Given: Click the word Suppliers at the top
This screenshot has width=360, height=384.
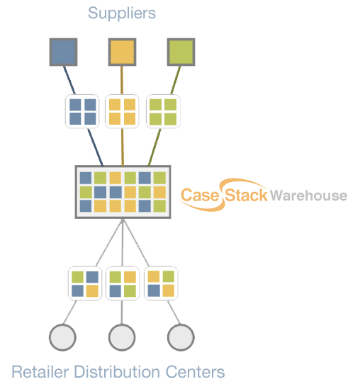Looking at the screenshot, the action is (x=122, y=13).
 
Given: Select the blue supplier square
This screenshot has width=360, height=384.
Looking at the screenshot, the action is (x=64, y=52).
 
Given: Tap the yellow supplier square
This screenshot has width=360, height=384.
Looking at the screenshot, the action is (x=122, y=52).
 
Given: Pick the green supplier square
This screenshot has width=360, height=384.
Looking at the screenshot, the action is (x=181, y=52).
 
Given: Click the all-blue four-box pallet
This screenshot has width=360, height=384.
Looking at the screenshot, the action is (x=82, y=111).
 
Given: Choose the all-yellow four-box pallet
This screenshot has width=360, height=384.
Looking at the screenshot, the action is (x=122, y=111).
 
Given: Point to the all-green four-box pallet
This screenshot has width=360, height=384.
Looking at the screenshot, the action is (x=163, y=111).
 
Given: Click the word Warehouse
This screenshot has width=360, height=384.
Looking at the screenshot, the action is (x=308, y=196).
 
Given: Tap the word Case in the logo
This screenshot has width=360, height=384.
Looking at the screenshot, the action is (x=200, y=196).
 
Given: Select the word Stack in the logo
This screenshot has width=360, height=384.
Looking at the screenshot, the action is (x=246, y=196).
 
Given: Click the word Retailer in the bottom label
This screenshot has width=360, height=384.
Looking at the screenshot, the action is (x=40, y=372).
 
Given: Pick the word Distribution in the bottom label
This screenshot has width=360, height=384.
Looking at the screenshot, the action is (x=117, y=372).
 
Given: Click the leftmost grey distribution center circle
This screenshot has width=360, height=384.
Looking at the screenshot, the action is (x=62, y=338).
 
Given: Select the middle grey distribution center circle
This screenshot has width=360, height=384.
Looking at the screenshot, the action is (x=122, y=338).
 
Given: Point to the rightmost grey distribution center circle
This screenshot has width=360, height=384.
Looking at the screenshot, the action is (x=181, y=338).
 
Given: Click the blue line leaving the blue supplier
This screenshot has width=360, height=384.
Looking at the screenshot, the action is (x=69, y=80).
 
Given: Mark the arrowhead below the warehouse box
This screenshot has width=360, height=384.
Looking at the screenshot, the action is (x=123, y=221).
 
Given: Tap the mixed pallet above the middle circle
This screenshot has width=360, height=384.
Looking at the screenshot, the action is (x=123, y=283).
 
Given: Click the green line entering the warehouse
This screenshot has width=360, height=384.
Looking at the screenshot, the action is (x=154, y=147).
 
